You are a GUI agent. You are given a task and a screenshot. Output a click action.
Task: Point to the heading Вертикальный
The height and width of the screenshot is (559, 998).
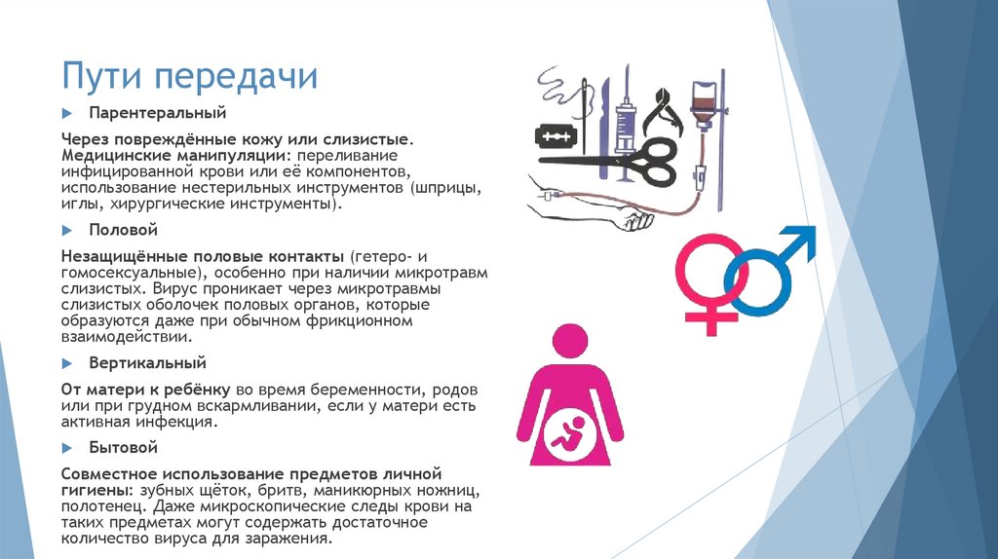click(x=147, y=363)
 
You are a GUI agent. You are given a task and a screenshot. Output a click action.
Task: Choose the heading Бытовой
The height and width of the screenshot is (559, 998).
click(x=123, y=448)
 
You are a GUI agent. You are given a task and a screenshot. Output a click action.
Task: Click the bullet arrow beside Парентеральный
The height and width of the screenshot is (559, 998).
click(x=66, y=114)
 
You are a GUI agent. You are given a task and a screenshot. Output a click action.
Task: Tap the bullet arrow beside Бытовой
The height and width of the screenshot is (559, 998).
click(x=66, y=448)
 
